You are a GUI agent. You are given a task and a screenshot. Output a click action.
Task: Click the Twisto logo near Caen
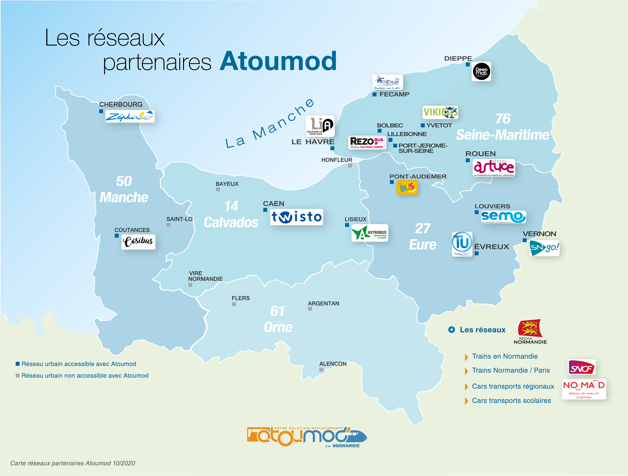(x=296, y=217)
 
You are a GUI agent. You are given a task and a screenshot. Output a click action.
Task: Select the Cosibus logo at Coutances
(x=138, y=242)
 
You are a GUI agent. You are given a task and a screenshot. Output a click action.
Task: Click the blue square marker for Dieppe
(x=468, y=64)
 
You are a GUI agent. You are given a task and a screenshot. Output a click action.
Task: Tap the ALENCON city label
(x=333, y=364)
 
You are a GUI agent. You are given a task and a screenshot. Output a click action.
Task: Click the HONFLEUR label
(x=336, y=160)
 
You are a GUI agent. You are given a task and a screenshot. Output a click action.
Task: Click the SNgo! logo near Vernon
(x=544, y=248)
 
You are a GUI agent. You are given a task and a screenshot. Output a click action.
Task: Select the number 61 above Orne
(x=277, y=311)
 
